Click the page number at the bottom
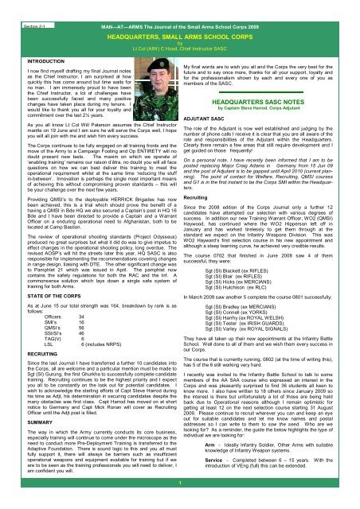tap(180, 500)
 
